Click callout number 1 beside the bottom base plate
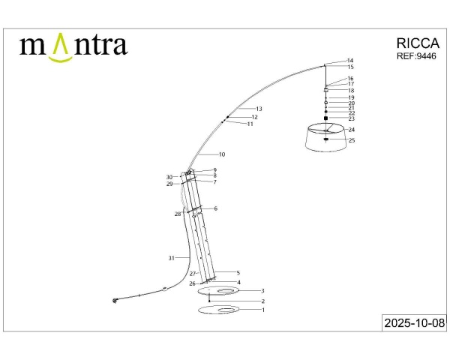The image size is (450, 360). point(262,309)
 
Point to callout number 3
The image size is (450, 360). point(262,290)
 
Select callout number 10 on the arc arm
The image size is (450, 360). point(222,154)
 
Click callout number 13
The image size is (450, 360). point(259,109)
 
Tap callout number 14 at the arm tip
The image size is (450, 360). point(350,60)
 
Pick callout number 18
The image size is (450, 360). point(350,90)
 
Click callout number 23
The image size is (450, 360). point(351,118)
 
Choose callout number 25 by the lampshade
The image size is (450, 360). point(351,140)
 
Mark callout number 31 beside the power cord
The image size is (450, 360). point(172,258)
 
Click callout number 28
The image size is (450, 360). point(178,214)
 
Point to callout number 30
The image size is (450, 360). point(169,177)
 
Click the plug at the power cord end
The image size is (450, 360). point(115,301)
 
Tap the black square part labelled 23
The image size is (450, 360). point(326,118)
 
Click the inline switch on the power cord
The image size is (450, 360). point(164,288)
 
